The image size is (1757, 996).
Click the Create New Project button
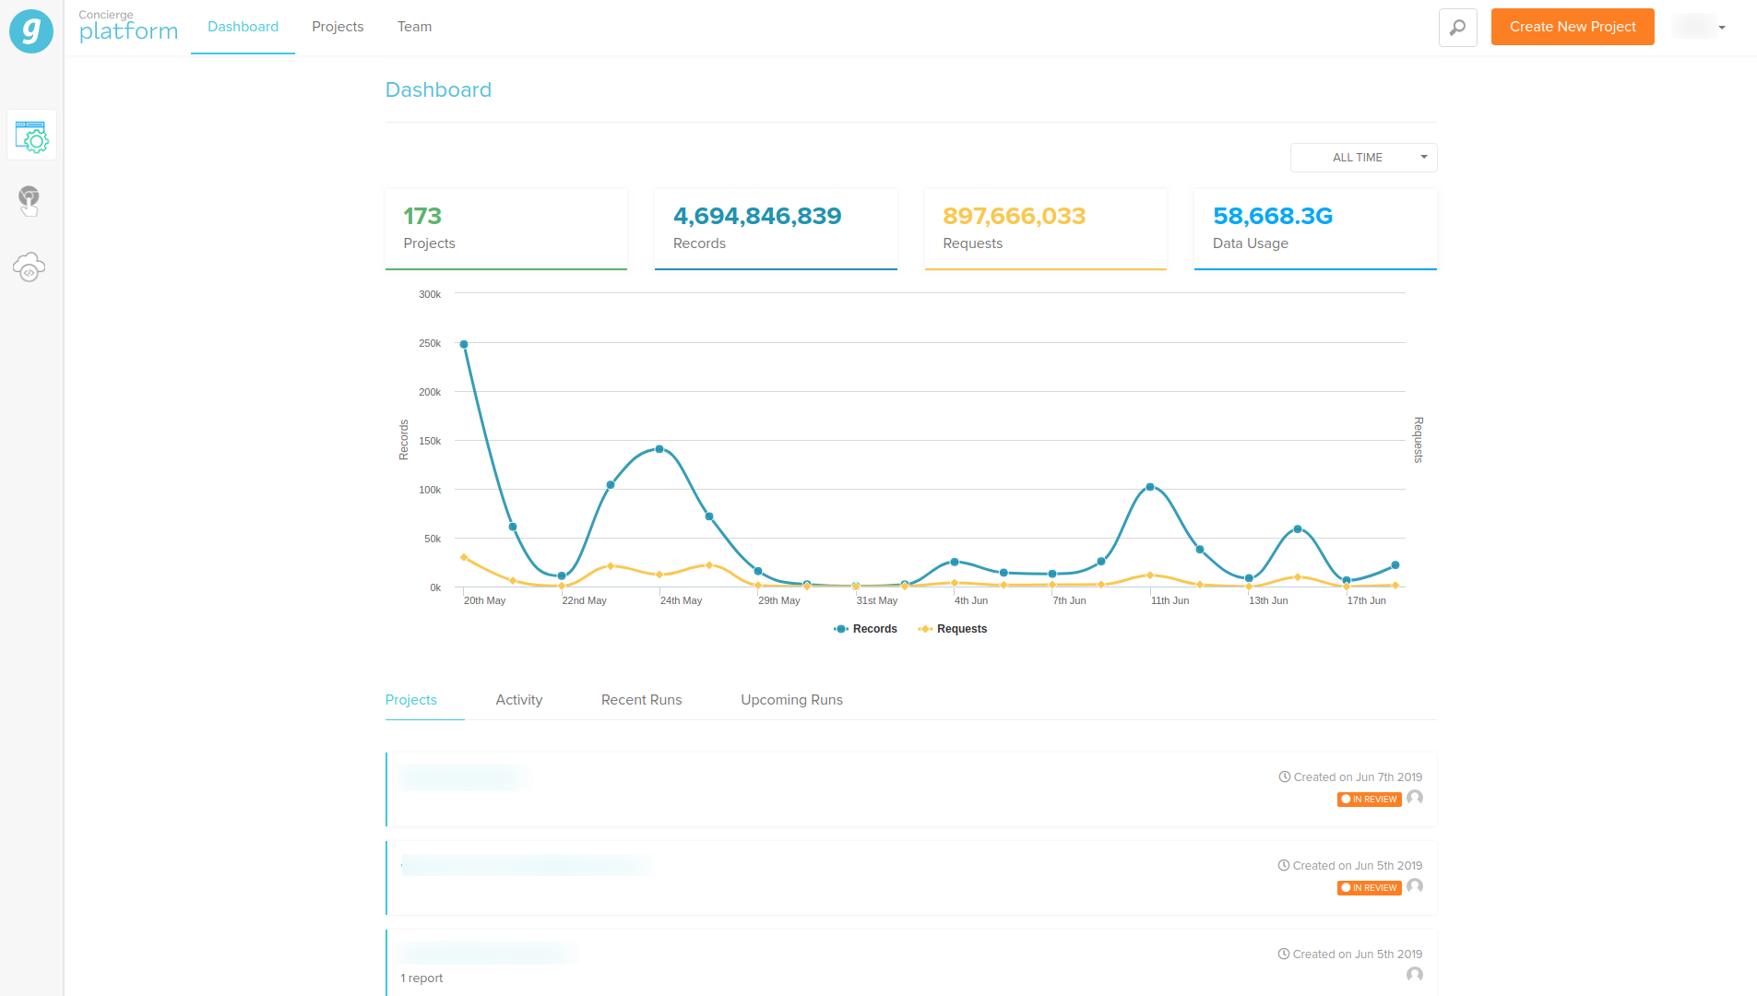click(x=1572, y=27)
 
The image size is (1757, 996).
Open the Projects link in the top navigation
click(x=338, y=27)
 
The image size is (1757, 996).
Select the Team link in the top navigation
click(x=414, y=27)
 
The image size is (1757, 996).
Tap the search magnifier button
click(x=1457, y=28)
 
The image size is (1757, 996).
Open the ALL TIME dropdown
click(x=1363, y=158)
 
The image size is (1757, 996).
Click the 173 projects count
click(x=422, y=216)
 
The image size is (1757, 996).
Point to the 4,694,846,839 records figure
click(x=757, y=216)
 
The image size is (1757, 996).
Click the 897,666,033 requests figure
click(x=1014, y=216)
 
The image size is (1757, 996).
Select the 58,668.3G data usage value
click(x=1272, y=216)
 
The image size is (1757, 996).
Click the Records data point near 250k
click(x=464, y=345)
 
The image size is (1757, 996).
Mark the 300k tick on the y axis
click(x=430, y=294)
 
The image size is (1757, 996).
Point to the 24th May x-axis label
click(x=681, y=600)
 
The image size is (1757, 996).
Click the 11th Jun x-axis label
click(x=1169, y=600)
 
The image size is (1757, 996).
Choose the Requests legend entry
click(x=953, y=629)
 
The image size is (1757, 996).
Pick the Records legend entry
click(x=866, y=629)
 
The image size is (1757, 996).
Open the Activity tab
click(x=519, y=700)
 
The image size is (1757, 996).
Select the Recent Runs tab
click(x=641, y=700)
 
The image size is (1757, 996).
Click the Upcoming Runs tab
click(x=791, y=700)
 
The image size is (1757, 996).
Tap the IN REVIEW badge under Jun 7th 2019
click(x=1369, y=800)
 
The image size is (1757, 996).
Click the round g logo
click(x=31, y=31)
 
